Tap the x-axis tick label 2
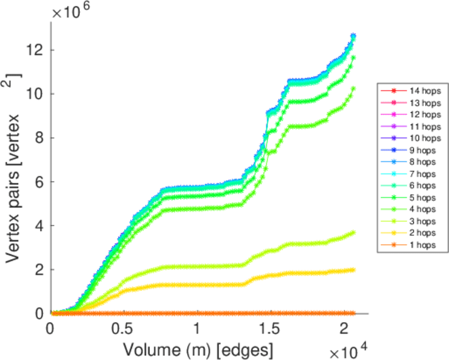[343, 331]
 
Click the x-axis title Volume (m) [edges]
[198, 348]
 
